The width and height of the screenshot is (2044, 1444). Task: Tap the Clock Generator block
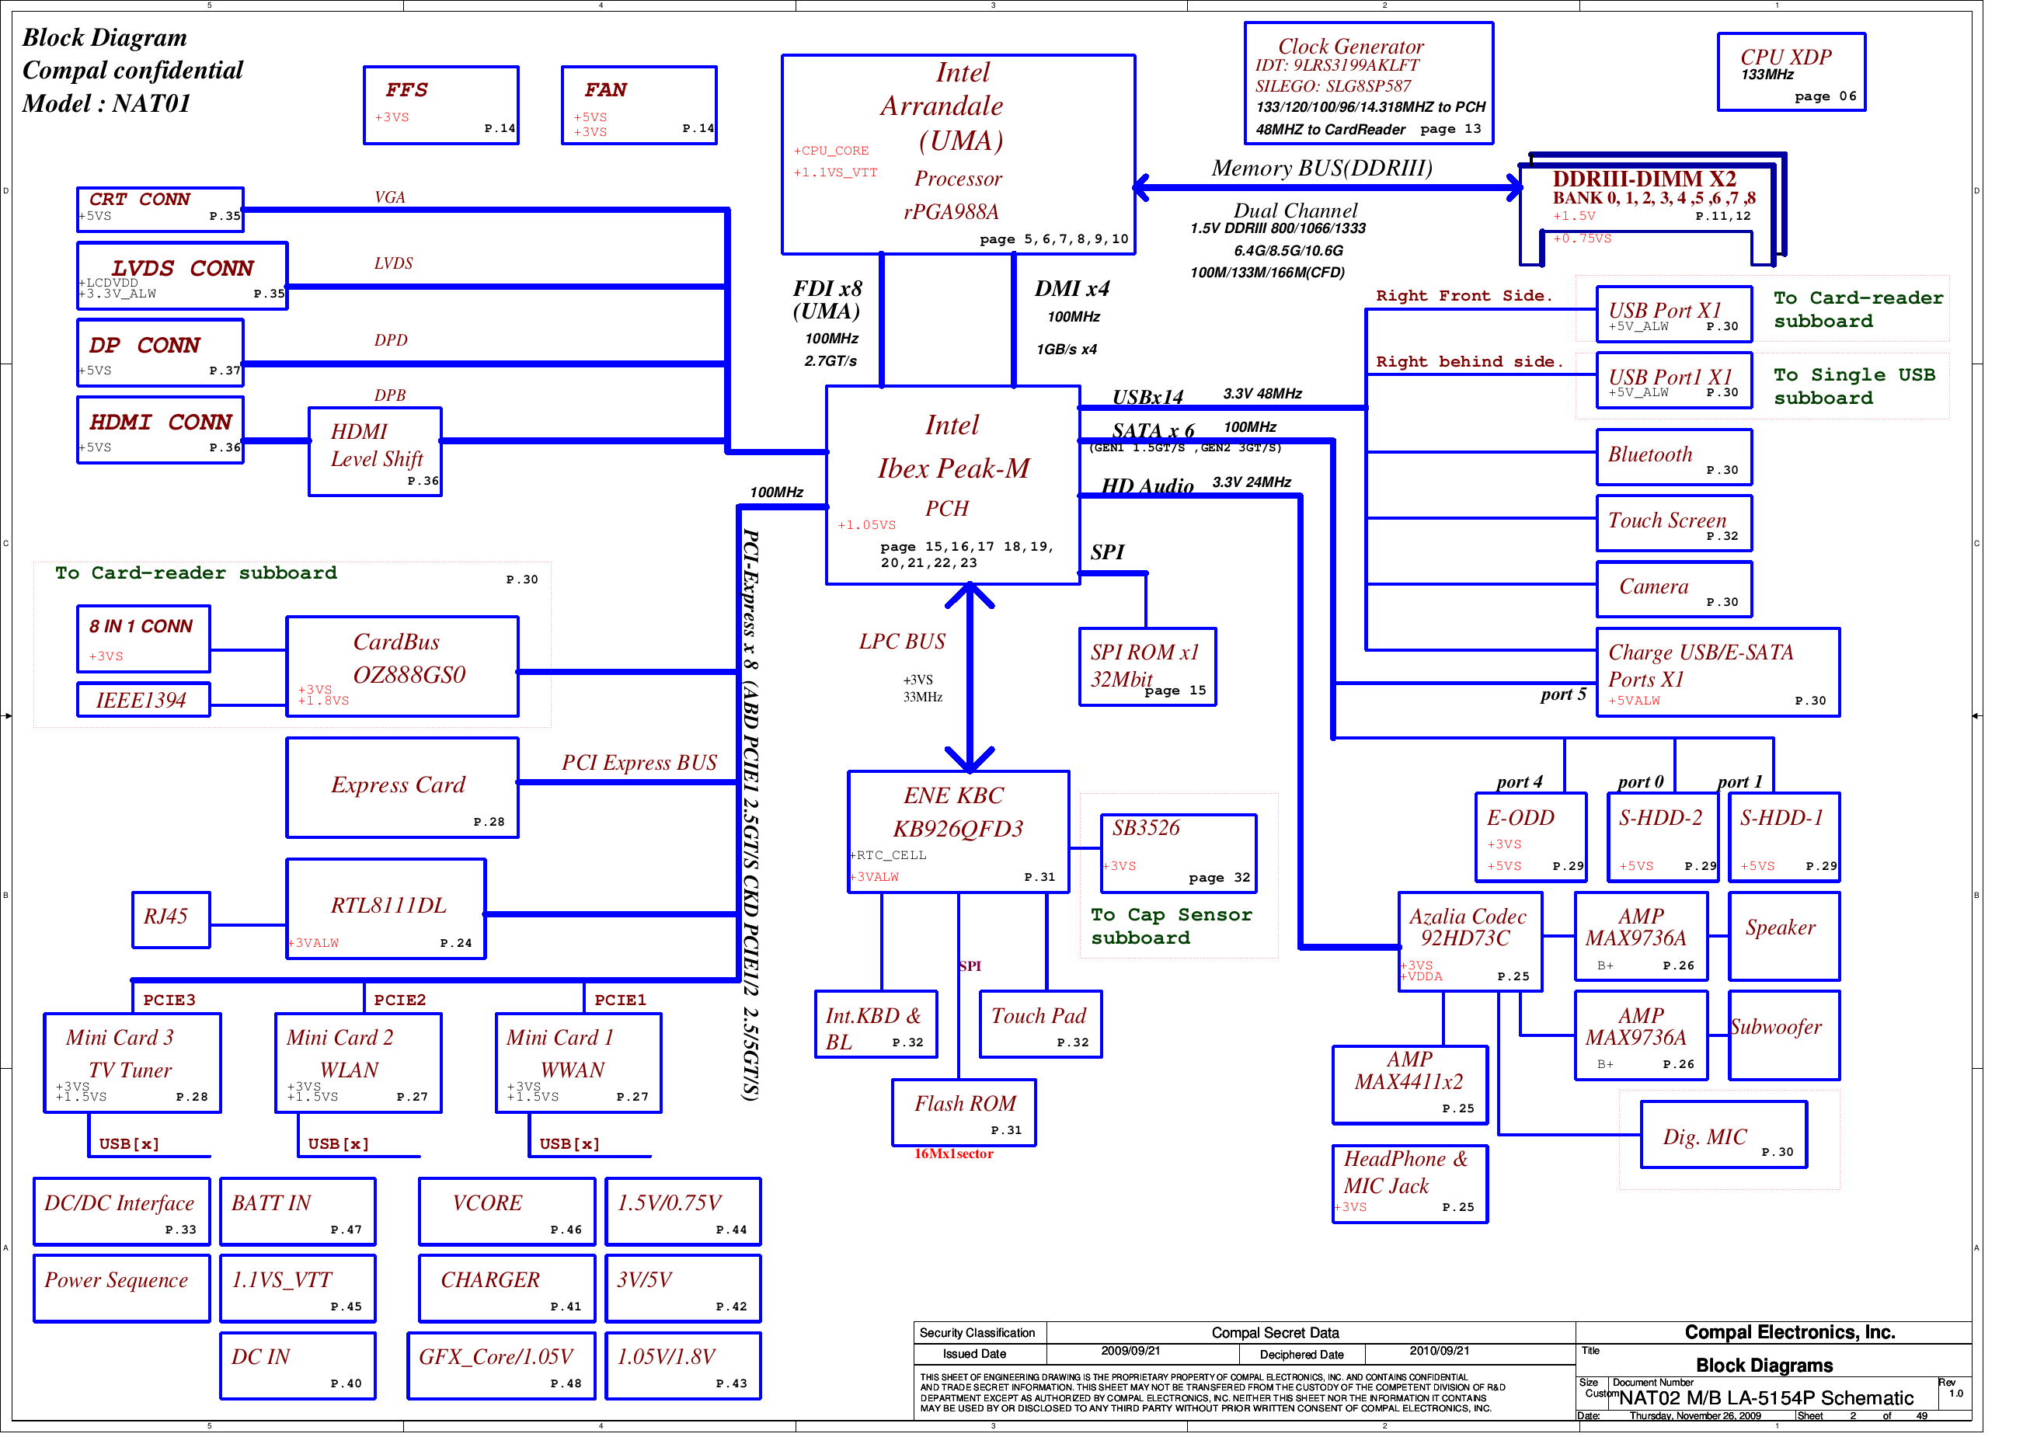[1368, 84]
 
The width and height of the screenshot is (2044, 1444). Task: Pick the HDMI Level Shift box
[374, 451]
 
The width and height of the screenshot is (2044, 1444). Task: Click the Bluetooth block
[1673, 458]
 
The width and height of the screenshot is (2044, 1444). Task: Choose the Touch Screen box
[1673, 524]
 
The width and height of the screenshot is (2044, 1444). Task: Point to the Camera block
[1673, 590]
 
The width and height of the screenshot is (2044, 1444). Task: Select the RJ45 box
[171, 920]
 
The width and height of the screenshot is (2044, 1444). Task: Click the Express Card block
[402, 788]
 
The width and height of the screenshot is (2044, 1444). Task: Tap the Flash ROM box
[964, 1113]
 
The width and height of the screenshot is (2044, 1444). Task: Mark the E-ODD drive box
[1530, 837]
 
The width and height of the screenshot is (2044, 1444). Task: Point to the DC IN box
[298, 1366]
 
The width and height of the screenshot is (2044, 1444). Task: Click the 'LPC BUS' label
[902, 642]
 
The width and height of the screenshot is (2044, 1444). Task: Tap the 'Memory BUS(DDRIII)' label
[1321, 169]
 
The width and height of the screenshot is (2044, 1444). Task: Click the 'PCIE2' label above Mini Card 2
[400, 1000]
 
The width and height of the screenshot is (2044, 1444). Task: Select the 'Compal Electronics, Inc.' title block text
[1789, 1332]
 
